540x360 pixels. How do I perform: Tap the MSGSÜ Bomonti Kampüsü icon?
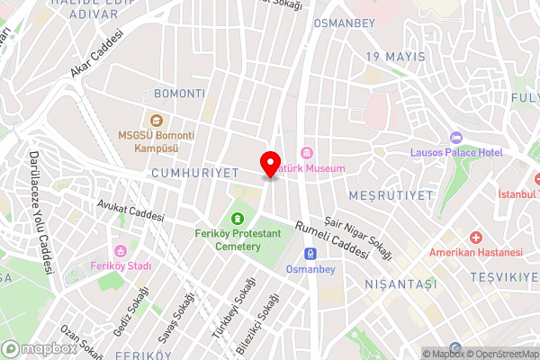tap(157, 121)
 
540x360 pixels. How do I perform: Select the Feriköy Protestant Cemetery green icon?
tap(238, 219)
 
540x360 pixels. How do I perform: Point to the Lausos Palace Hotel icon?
tap(455, 138)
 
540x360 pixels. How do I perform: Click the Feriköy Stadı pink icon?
tap(121, 250)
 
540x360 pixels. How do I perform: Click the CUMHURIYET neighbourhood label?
tap(193, 172)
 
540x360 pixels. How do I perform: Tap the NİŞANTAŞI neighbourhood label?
tap(400, 283)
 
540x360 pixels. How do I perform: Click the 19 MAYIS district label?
tap(393, 58)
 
